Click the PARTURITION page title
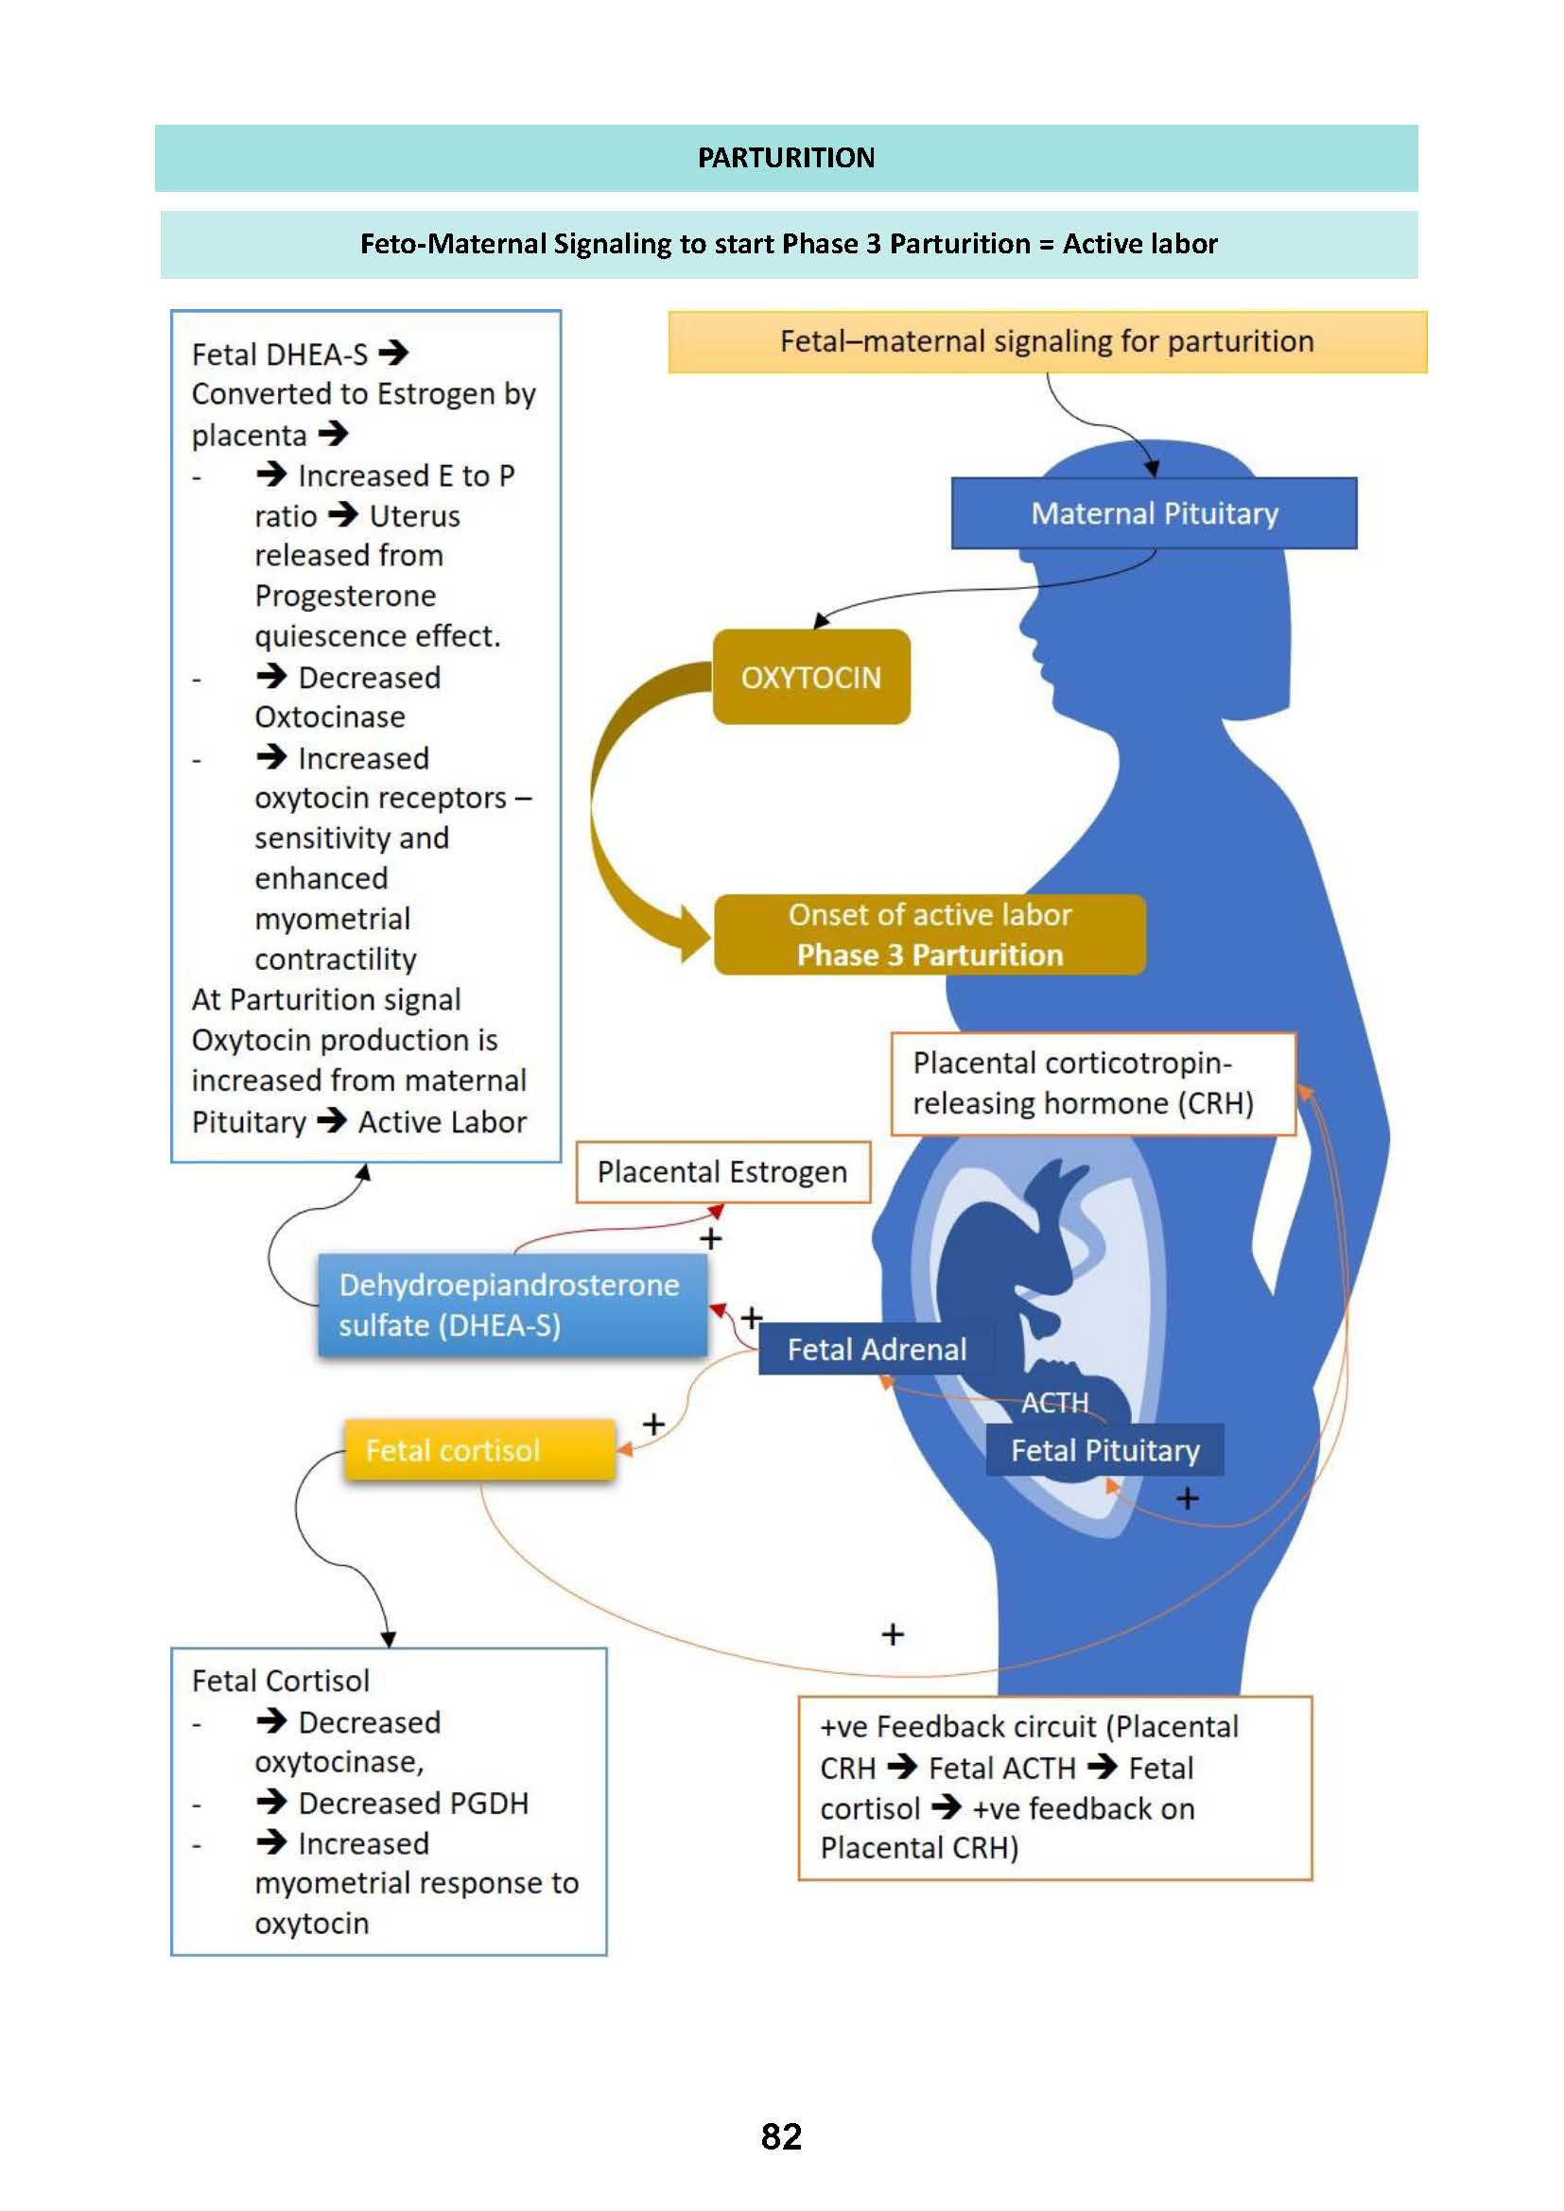(x=786, y=158)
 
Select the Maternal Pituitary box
(x=1154, y=513)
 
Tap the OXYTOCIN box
(x=811, y=677)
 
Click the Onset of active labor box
(x=930, y=934)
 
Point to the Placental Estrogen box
(x=722, y=1172)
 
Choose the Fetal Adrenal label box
(x=877, y=1349)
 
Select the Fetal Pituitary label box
(x=1104, y=1450)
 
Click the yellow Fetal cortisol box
(x=479, y=1450)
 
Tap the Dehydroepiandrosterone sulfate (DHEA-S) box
(x=512, y=1304)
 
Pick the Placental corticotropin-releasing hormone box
(x=1092, y=1083)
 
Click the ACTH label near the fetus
(x=1054, y=1403)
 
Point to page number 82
(x=781, y=2137)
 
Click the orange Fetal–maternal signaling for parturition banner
(x=1047, y=342)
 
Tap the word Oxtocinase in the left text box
(x=329, y=717)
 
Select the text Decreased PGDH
(x=413, y=1803)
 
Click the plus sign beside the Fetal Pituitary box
(x=1188, y=1498)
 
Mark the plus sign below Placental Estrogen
(x=711, y=1239)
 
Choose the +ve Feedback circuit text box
(x=1054, y=1788)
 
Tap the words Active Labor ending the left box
(x=442, y=1122)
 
